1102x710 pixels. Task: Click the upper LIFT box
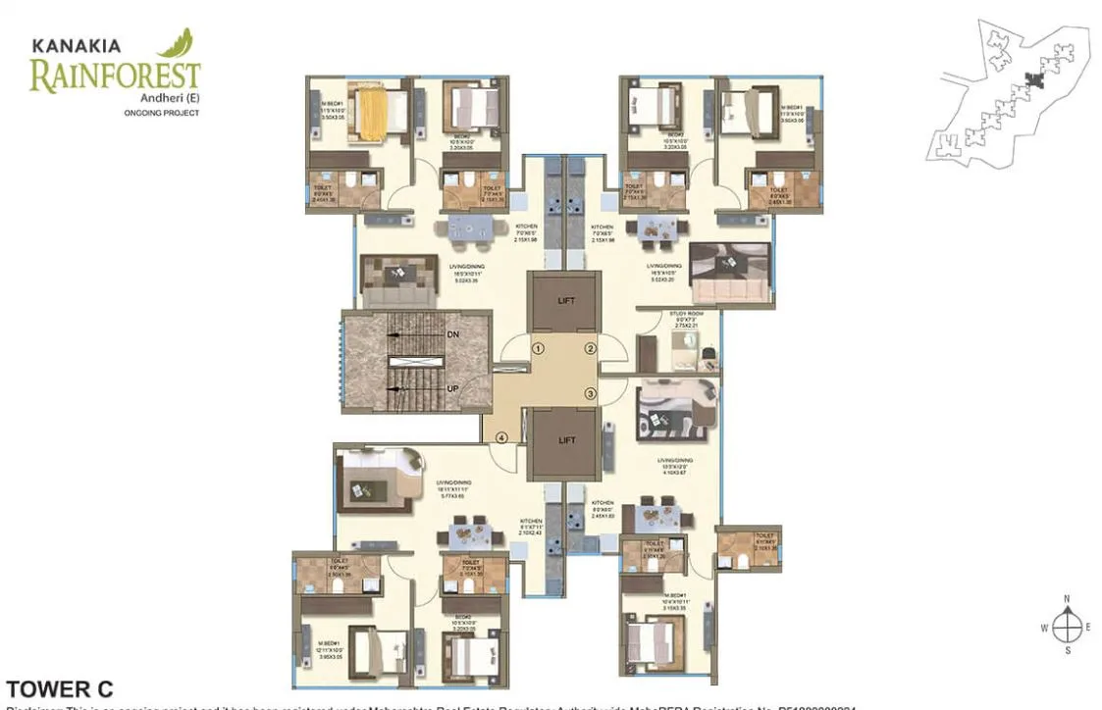click(x=566, y=302)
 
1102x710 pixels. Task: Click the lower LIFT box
click(x=566, y=440)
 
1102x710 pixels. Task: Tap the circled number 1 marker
click(x=538, y=348)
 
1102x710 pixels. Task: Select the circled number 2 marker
click(x=591, y=348)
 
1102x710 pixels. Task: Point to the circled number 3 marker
click(x=591, y=393)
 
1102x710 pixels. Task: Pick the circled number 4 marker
click(x=501, y=437)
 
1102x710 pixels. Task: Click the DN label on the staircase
click(x=453, y=334)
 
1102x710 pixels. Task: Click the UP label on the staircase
click(x=453, y=389)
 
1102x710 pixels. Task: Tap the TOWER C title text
click(x=60, y=688)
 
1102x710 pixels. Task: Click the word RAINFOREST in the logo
click(x=115, y=76)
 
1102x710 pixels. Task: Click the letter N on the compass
click(x=1067, y=599)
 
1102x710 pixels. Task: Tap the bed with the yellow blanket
click(x=373, y=110)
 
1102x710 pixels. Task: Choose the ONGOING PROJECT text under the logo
click(x=162, y=114)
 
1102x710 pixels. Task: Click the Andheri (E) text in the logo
click(x=178, y=98)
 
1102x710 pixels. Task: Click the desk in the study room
click(x=687, y=347)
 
